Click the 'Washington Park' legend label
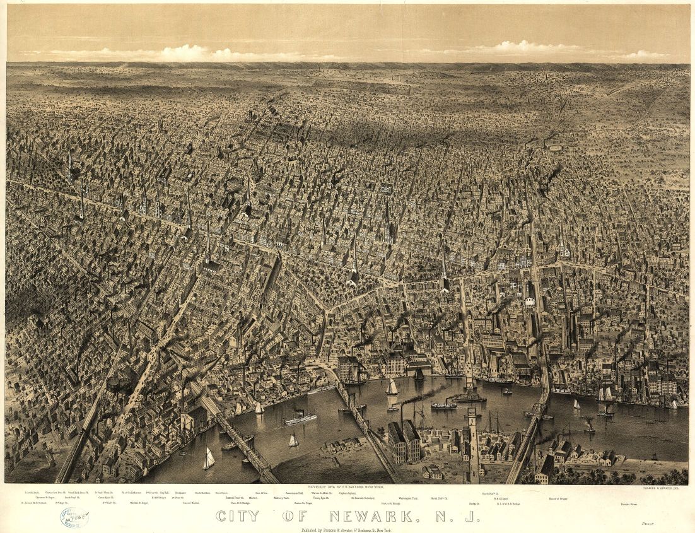(406, 498)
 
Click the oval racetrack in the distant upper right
(555, 148)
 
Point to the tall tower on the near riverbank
(472, 442)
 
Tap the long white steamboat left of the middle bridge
(300, 418)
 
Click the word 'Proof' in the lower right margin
(663, 523)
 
